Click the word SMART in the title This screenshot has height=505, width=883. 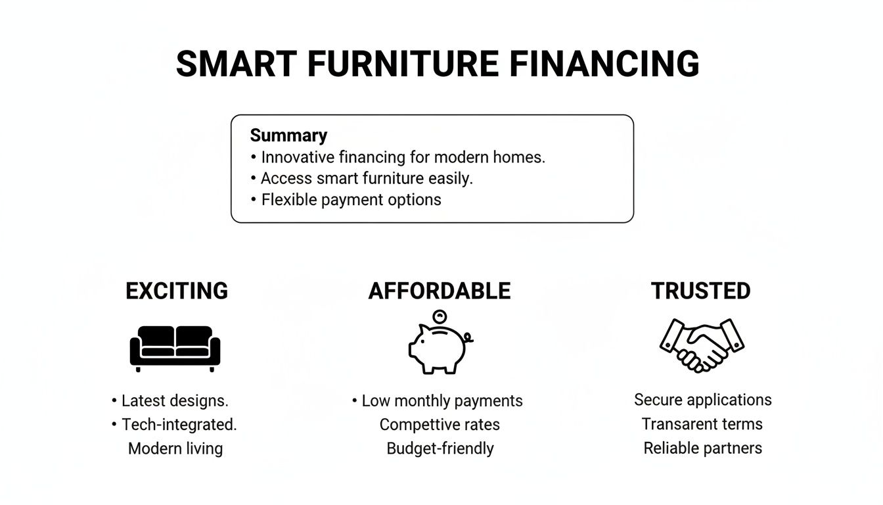click(x=236, y=64)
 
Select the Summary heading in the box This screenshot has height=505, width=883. click(x=288, y=135)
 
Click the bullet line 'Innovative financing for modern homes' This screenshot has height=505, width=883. click(x=403, y=158)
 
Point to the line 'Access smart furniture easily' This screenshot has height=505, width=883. click(x=366, y=178)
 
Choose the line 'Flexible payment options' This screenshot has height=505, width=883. click(x=351, y=200)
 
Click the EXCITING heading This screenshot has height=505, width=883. click(x=177, y=291)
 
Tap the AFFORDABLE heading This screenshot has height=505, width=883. click(x=440, y=291)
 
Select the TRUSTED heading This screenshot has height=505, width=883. click(x=700, y=291)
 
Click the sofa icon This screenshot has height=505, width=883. click(x=175, y=347)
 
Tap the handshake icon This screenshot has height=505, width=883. click(x=702, y=344)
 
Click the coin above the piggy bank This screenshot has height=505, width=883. click(x=440, y=316)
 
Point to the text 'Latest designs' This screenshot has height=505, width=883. click(x=175, y=400)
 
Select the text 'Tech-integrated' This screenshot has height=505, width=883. click(x=179, y=425)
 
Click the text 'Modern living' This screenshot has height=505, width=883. click(x=175, y=448)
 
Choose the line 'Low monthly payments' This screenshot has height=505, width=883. click(x=442, y=400)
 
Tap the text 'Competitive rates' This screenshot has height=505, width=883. click(x=440, y=425)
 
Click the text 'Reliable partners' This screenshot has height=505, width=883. click(x=702, y=448)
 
